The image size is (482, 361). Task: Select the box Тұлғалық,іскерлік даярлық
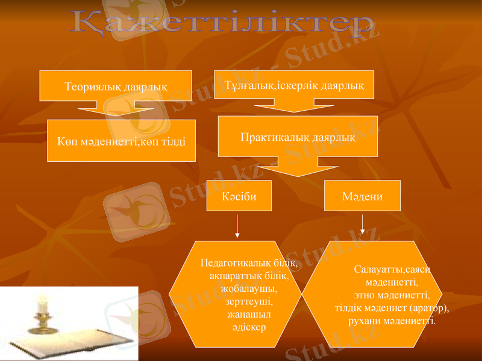(294, 85)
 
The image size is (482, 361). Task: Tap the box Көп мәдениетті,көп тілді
(121, 141)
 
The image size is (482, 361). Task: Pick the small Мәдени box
(362, 196)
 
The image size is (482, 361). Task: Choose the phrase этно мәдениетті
(391, 295)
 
